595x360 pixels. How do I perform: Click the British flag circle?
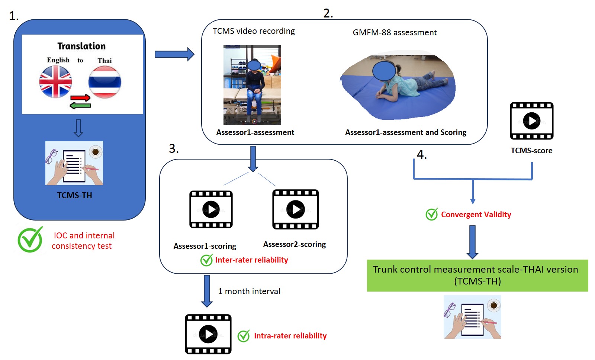(x=55, y=82)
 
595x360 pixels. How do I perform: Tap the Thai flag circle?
(x=104, y=82)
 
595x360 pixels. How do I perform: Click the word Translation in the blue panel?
(x=81, y=46)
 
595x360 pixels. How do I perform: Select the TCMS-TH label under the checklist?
(x=74, y=196)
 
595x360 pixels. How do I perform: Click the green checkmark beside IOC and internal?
(x=30, y=240)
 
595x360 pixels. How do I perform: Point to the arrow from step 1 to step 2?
(x=174, y=54)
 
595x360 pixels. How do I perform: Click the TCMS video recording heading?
(x=254, y=31)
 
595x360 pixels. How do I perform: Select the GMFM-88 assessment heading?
(x=395, y=33)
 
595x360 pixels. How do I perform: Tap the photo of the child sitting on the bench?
(x=252, y=85)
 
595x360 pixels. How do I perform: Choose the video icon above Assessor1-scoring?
(x=211, y=209)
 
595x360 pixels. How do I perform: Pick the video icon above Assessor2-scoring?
(x=296, y=209)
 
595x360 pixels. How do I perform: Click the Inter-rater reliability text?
(x=251, y=260)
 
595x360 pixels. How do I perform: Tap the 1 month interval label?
(x=249, y=292)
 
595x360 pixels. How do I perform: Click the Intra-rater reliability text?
(x=290, y=336)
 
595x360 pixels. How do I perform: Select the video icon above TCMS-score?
(x=531, y=121)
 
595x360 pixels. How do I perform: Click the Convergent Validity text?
(x=476, y=215)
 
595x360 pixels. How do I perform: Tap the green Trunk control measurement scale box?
(x=477, y=275)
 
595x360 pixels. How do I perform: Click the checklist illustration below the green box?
(x=472, y=317)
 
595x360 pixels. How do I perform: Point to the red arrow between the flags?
(x=80, y=98)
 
